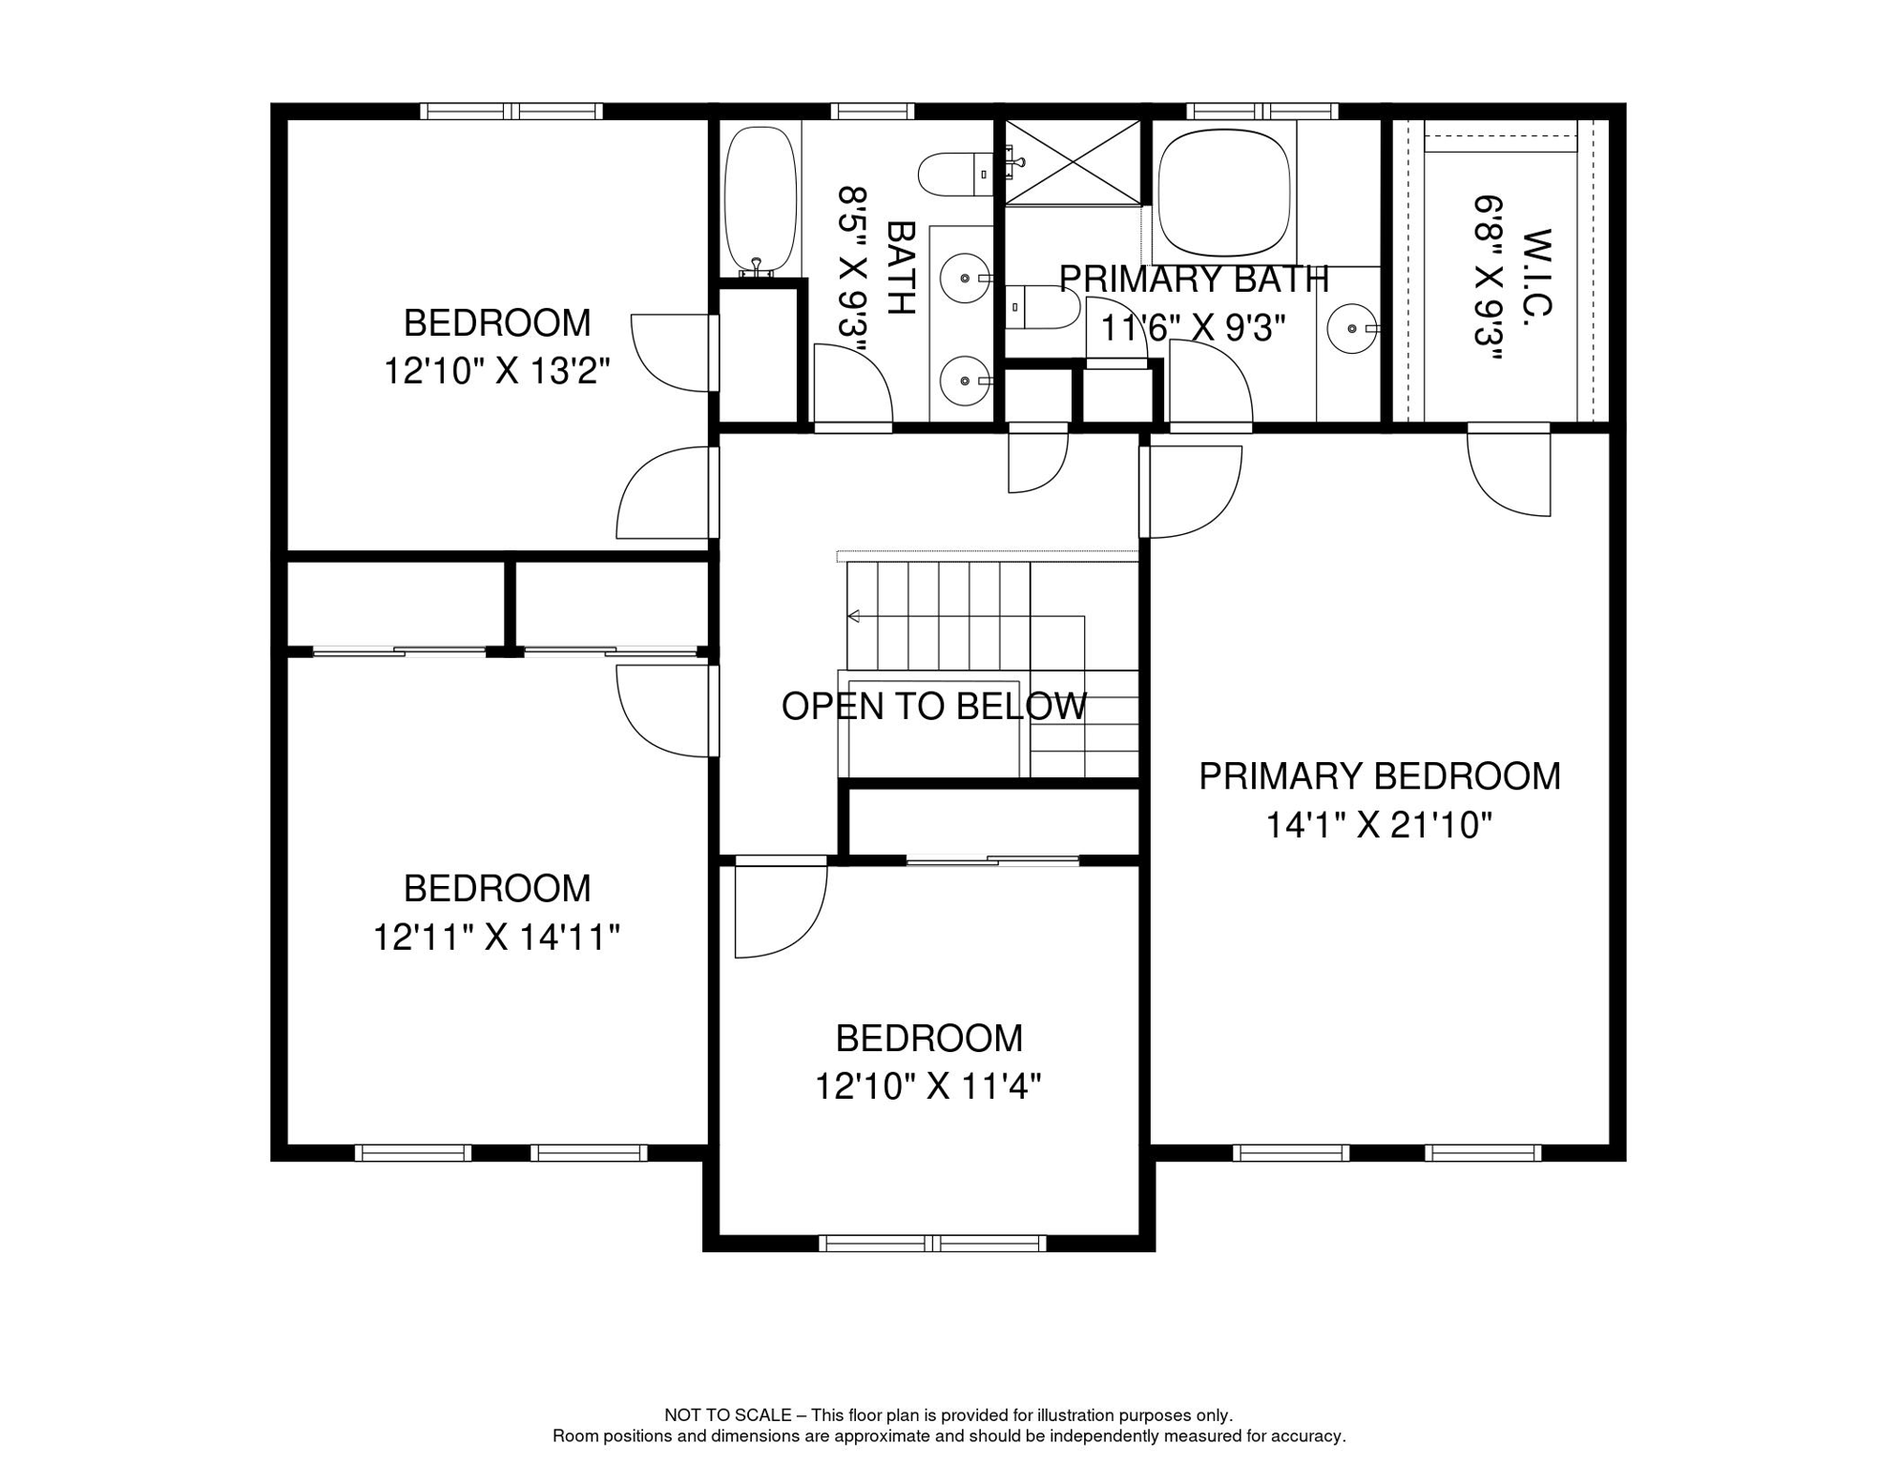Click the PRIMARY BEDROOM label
click(x=1379, y=776)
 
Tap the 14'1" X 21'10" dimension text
click(x=1379, y=825)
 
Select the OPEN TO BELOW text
click(x=933, y=707)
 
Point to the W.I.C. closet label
click(x=1537, y=274)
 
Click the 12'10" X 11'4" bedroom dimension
click(x=928, y=1086)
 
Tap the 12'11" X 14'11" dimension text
click(x=496, y=938)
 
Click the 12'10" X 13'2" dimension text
click(x=496, y=371)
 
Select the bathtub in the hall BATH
click(x=760, y=200)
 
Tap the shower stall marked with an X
click(x=1074, y=162)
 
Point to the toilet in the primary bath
click(x=1044, y=307)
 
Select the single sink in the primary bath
click(x=1353, y=328)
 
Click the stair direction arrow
click(x=854, y=616)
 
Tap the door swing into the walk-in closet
click(x=1510, y=472)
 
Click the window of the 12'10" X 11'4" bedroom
click(x=932, y=1243)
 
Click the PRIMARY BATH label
click(x=1194, y=279)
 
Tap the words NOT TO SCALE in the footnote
click(x=727, y=1415)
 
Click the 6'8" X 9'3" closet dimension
click(x=1488, y=279)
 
